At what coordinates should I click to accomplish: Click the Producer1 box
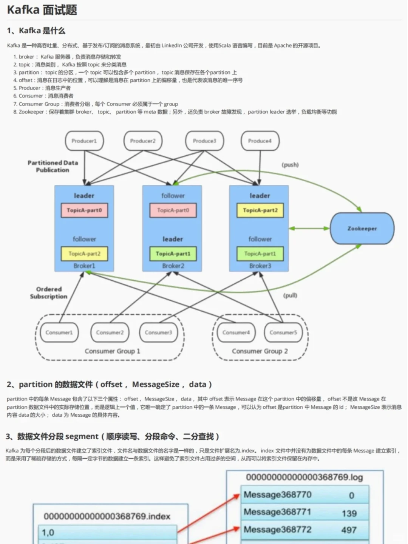(84, 141)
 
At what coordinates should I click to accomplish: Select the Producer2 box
(143, 141)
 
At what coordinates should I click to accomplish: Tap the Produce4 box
(260, 141)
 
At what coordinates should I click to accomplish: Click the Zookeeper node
(362, 229)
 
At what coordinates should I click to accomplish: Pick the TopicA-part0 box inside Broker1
(84, 210)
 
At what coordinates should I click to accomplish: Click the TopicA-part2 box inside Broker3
(260, 210)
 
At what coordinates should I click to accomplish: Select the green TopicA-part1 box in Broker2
(173, 254)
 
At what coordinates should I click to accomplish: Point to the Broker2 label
(173, 266)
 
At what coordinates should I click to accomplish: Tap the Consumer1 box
(59, 332)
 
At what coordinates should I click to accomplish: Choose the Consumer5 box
(283, 332)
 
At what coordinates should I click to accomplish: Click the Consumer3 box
(158, 332)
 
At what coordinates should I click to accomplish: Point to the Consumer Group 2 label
(260, 351)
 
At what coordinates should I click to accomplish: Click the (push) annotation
(290, 165)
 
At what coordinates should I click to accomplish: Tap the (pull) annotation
(290, 295)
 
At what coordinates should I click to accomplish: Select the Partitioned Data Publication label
(53, 166)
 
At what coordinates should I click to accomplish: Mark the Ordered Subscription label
(49, 293)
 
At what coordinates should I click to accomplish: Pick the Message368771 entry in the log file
(277, 512)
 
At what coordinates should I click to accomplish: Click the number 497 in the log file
(349, 530)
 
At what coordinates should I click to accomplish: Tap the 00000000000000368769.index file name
(107, 516)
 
